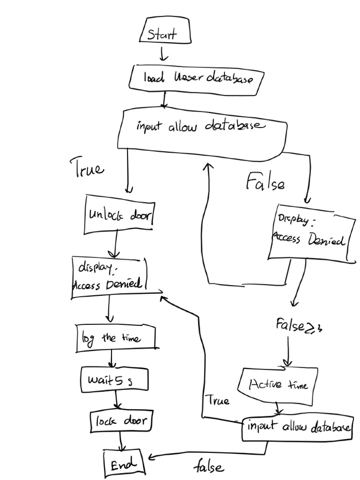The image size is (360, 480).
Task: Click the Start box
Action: click(x=165, y=31)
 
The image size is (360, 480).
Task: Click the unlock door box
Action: click(x=120, y=215)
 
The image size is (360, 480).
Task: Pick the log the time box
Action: click(x=115, y=337)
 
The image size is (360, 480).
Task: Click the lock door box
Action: click(x=121, y=421)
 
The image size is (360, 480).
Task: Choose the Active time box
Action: click(x=277, y=385)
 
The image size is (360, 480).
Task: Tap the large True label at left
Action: click(x=87, y=167)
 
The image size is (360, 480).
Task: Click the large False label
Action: click(x=265, y=183)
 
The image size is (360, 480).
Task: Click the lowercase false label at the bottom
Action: click(x=209, y=467)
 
